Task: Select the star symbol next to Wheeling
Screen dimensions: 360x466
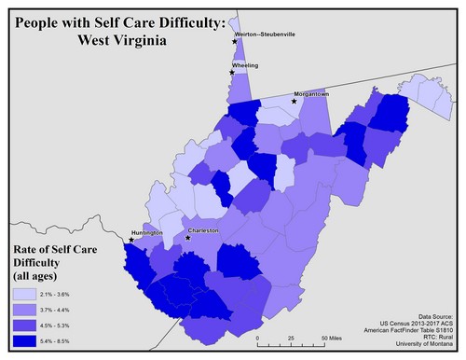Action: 232,72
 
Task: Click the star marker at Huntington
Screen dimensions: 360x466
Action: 131,240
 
